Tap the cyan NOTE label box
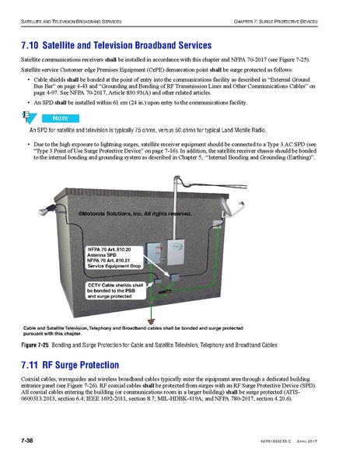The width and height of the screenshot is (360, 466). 61,117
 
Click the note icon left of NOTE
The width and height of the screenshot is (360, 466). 30,117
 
